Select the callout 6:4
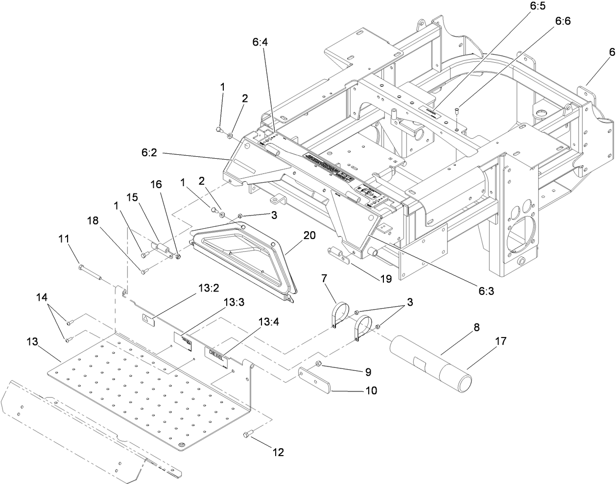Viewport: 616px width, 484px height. pyautogui.click(x=260, y=43)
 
